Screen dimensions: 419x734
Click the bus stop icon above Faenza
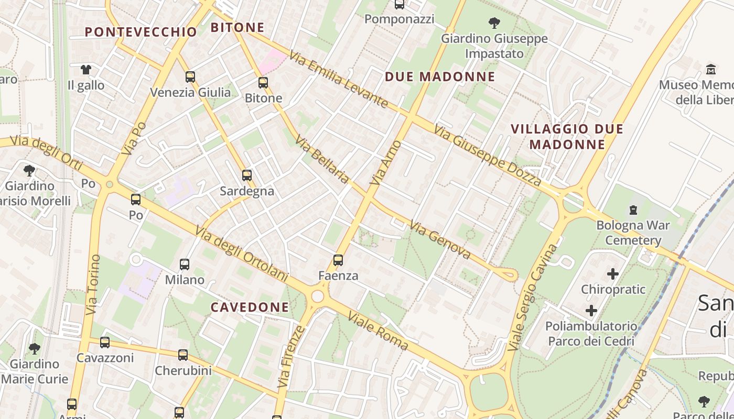pyautogui.click(x=338, y=260)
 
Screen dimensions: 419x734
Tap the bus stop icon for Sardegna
pyautogui.click(x=247, y=175)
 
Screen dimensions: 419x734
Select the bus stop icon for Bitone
pyautogui.click(x=263, y=83)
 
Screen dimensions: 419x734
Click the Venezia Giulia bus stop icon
pyautogui.click(x=190, y=77)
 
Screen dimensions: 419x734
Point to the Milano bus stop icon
pyautogui.click(x=185, y=264)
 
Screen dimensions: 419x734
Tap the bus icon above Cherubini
pyautogui.click(x=183, y=355)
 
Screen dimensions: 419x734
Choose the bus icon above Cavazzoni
pyautogui.click(x=105, y=343)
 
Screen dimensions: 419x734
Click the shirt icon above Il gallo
pyautogui.click(x=86, y=69)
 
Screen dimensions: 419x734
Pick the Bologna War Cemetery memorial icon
pyautogui.click(x=633, y=210)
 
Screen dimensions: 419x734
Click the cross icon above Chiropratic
pyautogui.click(x=612, y=274)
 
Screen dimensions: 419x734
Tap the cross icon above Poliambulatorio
pyautogui.click(x=591, y=311)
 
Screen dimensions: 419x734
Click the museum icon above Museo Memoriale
pyautogui.click(x=711, y=69)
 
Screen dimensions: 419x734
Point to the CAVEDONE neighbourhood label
pyautogui.click(x=250, y=307)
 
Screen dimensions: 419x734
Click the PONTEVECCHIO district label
pyautogui.click(x=141, y=32)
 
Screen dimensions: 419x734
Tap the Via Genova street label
pyautogui.click(x=440, y=240)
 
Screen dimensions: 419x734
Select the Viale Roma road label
pyautogui.click(x=377, y=332)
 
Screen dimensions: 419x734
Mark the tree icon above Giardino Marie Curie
pyautogui.click(x=35, y=348)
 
